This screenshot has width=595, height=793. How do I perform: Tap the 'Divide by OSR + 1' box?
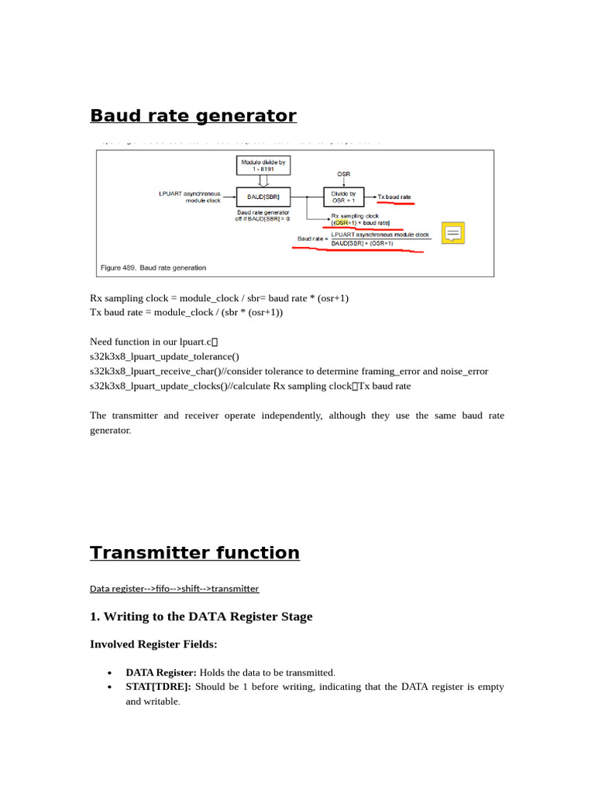point(343,197)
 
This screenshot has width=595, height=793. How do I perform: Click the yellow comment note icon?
point(452,233)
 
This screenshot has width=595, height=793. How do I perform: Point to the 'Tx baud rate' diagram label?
point(394,197)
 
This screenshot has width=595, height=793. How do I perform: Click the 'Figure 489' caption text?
point(153,268)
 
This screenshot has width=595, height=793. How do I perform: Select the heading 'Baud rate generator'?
point(193,116)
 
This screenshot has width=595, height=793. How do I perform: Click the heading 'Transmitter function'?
point(194,553)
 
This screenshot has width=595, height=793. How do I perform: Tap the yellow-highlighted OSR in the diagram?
point(341,222)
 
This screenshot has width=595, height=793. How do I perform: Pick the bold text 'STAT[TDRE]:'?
point(158,687)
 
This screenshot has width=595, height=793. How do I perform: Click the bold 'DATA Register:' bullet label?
point(161,673)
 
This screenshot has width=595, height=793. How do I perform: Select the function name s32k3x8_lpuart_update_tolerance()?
point(164,357)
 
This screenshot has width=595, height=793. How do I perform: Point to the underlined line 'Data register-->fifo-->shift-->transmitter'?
point(174,589)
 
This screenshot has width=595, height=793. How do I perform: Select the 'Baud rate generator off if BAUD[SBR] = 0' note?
point(263,215)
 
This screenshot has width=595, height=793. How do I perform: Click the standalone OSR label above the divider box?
point(343,174)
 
